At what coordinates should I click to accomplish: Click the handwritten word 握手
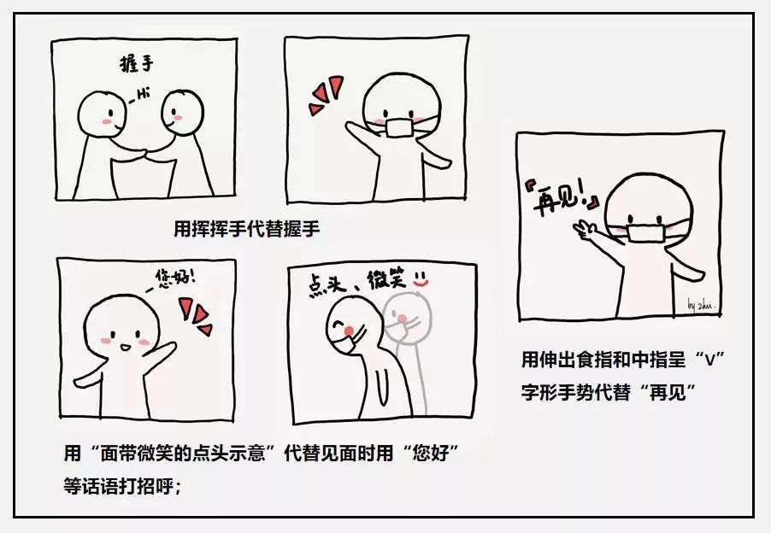click(x=137, y=64)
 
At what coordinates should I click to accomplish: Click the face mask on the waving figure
click(x=399, y=127)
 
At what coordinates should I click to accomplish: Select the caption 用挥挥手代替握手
click(x=247, y=228)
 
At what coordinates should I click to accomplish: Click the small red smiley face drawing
click(x=421, y=279)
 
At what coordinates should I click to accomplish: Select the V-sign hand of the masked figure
click(x=584, y=230)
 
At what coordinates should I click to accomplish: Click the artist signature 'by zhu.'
click(x=701, y=305)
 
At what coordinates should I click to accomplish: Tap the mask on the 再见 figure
click(x=645, y=233)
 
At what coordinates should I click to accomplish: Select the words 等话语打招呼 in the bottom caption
click(x=118, y=486)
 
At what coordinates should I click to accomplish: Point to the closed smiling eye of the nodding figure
click(x=338, y=325)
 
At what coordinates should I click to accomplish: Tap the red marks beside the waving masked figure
click(x=325, y=96)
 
